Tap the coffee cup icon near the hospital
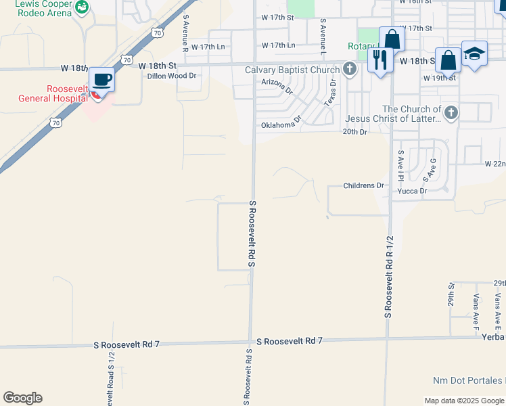point(101,80)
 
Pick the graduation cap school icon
point(474,54)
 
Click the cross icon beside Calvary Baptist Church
point(350,68)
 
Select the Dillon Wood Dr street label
point(172,76)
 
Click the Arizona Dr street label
point(277,86)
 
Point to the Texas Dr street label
point(331,93)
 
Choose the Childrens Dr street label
point(363,185)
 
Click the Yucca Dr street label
point(413,191)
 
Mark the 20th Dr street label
point(354,132)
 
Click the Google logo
point(22,398)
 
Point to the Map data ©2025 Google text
point(464,401)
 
